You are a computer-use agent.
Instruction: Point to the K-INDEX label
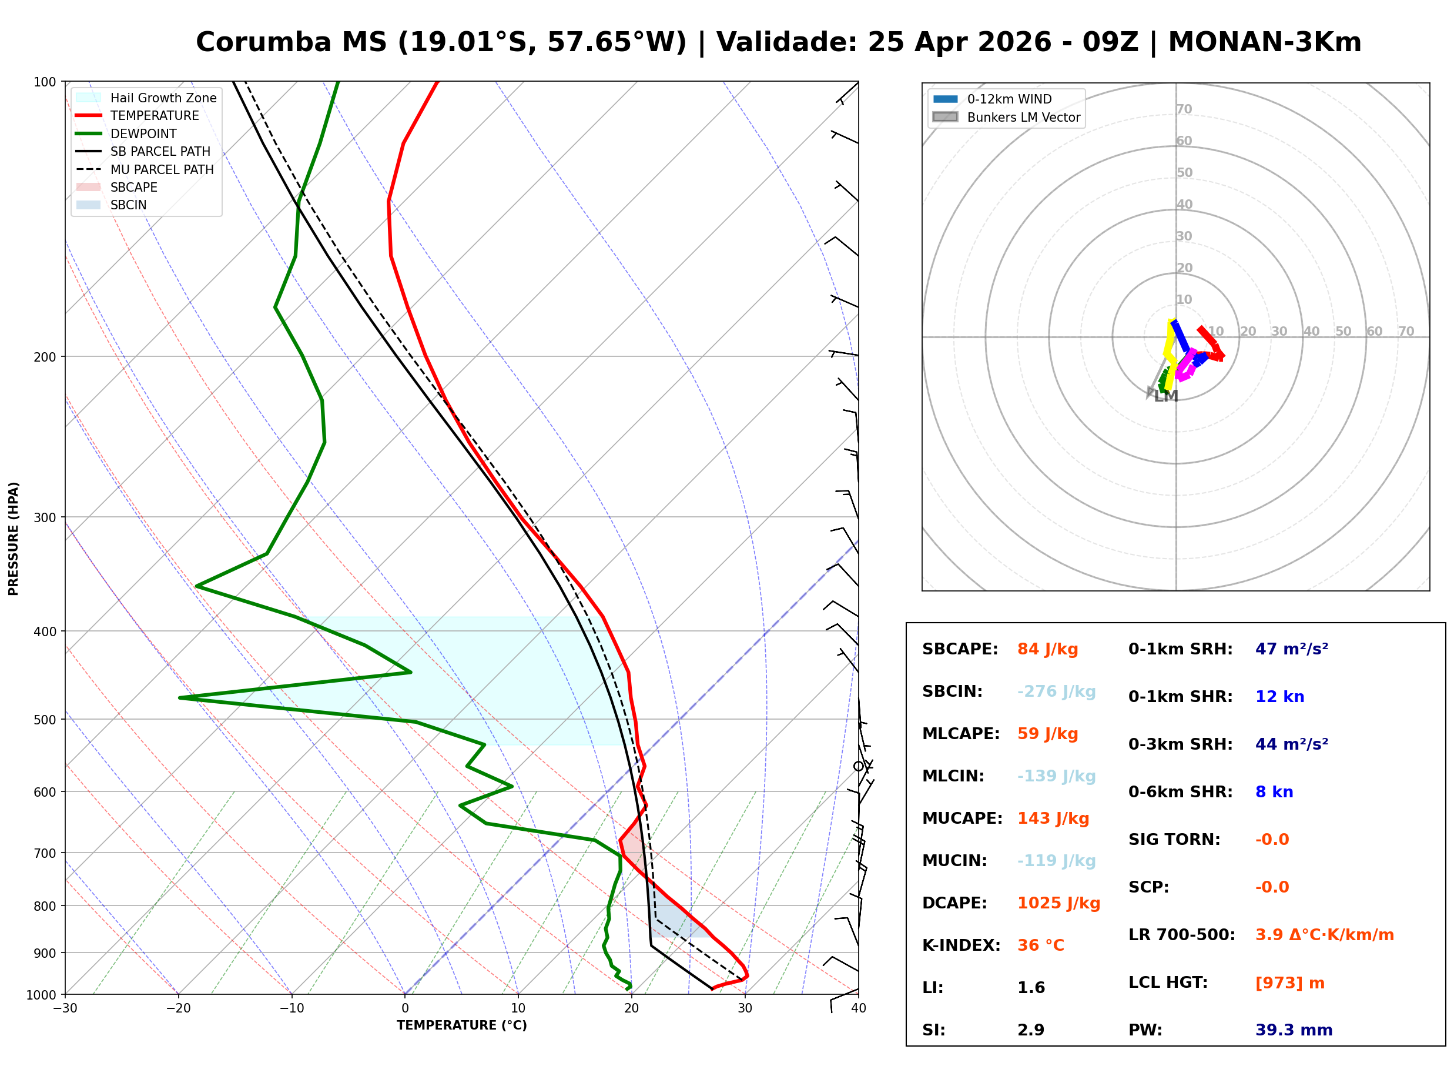[x=961, y=945]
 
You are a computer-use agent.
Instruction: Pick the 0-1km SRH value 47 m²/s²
[x=1291, y=649]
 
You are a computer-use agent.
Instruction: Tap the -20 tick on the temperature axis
[x=178, y=1009]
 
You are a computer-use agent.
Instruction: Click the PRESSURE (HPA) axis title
[x=14, y=539]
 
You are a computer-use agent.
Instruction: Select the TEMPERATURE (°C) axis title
[x=461, y=1026]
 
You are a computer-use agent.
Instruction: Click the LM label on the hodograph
[x=1165, y=397]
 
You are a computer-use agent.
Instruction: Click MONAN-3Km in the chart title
[x=1264, y=42]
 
